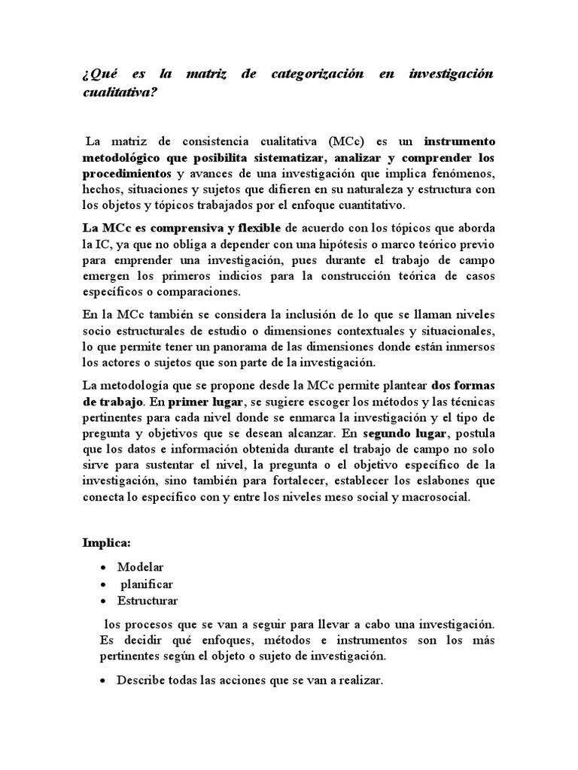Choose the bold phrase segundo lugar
406,434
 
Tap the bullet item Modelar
141,566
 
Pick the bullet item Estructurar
148,601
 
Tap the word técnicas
474,401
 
